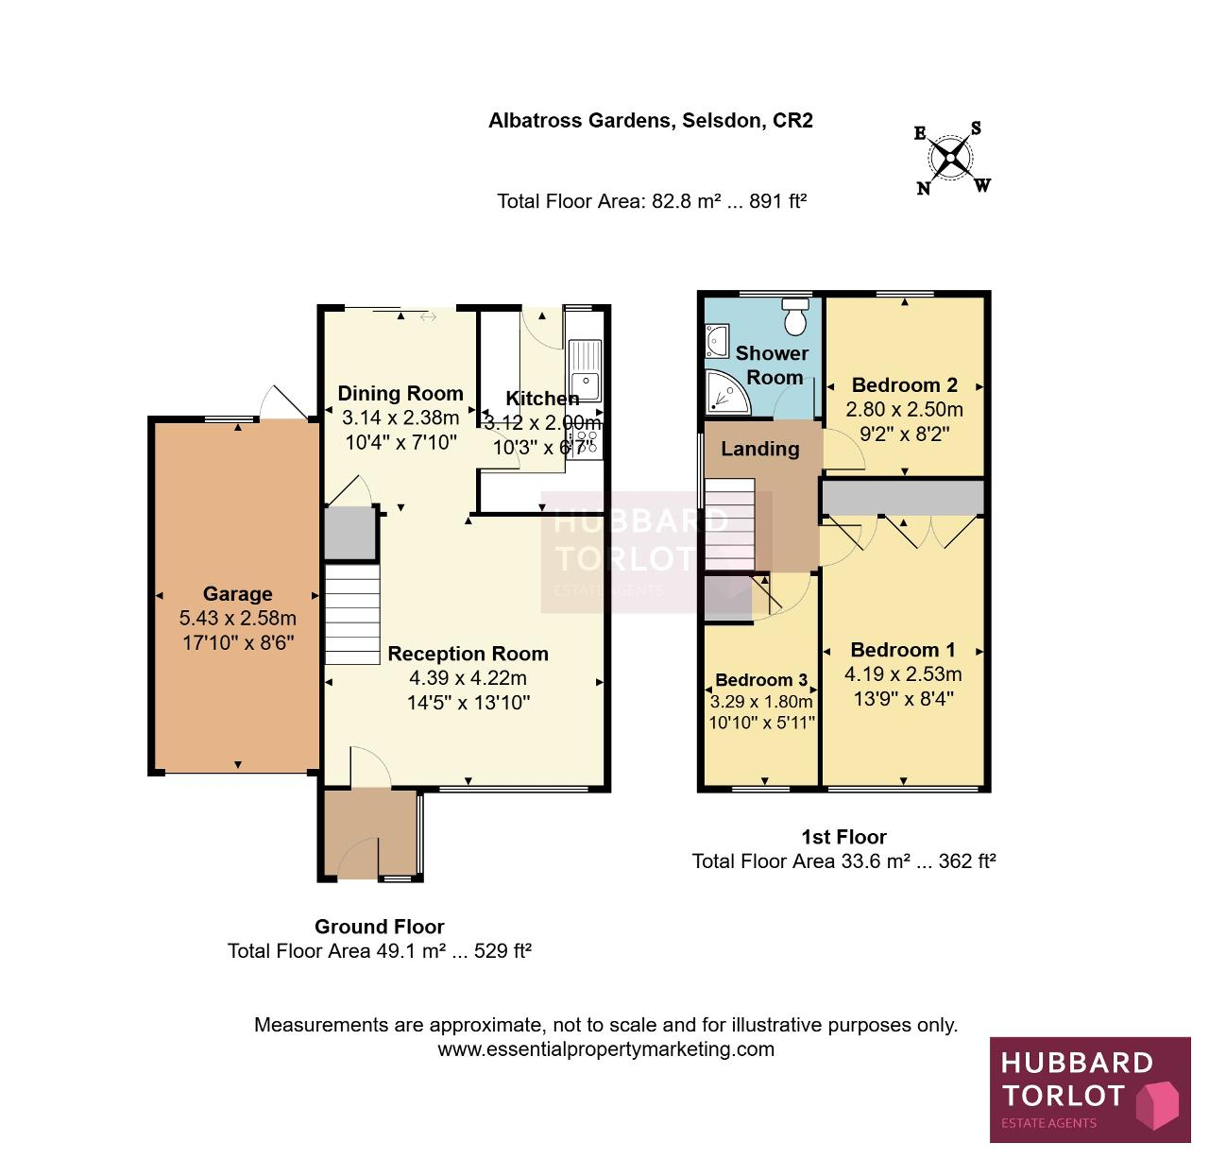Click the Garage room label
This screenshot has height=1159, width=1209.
pos(237,593)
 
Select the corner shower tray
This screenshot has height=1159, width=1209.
pos(727,393)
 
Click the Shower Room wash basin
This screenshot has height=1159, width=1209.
pos(716,341)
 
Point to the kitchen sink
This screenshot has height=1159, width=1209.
pos(585,371)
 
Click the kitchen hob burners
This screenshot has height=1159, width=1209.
pos(586,439)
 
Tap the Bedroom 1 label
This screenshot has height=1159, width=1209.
pos(903,650)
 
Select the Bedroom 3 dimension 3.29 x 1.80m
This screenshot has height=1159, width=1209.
pos(761,702)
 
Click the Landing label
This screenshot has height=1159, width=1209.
pos(759,449)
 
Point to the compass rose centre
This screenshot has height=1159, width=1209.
pos(950,158)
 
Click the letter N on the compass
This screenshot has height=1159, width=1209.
pos(923,188)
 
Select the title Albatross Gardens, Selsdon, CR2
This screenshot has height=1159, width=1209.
pos(651,120)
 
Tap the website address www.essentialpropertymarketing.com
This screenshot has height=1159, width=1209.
pos(605,1049)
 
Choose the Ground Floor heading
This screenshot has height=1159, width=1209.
pos(379,926)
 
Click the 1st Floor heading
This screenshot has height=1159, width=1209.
pos(843,837)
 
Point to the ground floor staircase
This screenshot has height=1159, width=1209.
pos(352,614)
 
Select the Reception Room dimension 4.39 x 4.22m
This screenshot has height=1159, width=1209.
pos(468,678)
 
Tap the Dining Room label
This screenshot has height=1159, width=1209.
pos(400,393)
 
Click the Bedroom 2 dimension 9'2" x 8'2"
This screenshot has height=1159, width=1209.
pos(905,434)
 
